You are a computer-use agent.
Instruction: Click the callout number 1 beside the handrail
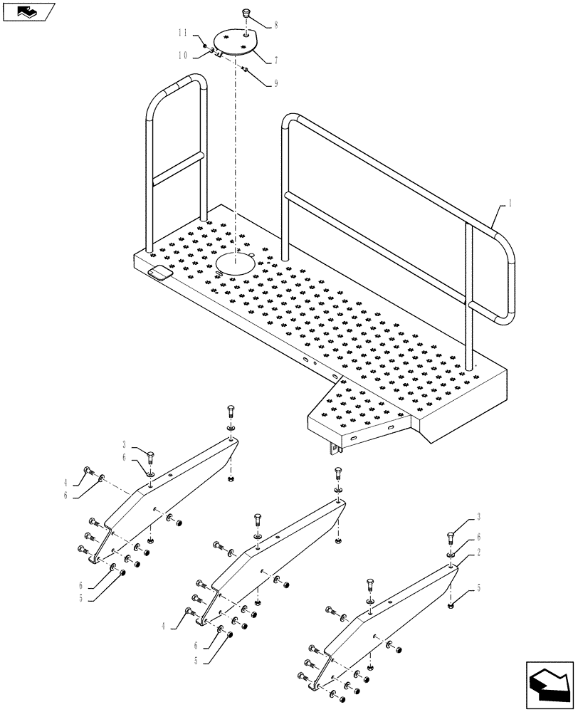pos(510,203)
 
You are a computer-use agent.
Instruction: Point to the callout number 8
pos(276,25)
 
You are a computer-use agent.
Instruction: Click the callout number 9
pos(275,83)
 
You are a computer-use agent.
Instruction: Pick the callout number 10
pos(182,55)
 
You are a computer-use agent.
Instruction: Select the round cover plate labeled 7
pos(236,42)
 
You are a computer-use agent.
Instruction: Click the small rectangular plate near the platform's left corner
pos(159,273)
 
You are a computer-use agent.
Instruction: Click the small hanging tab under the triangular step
pos(332,449)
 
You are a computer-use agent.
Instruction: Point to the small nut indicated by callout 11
pos(205,46)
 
